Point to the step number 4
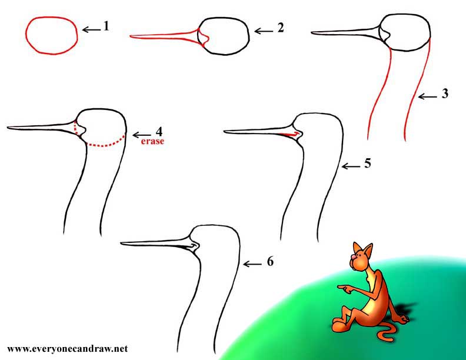158,131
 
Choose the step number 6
269,262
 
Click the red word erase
151,142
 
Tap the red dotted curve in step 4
106,144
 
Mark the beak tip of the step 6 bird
121,242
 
